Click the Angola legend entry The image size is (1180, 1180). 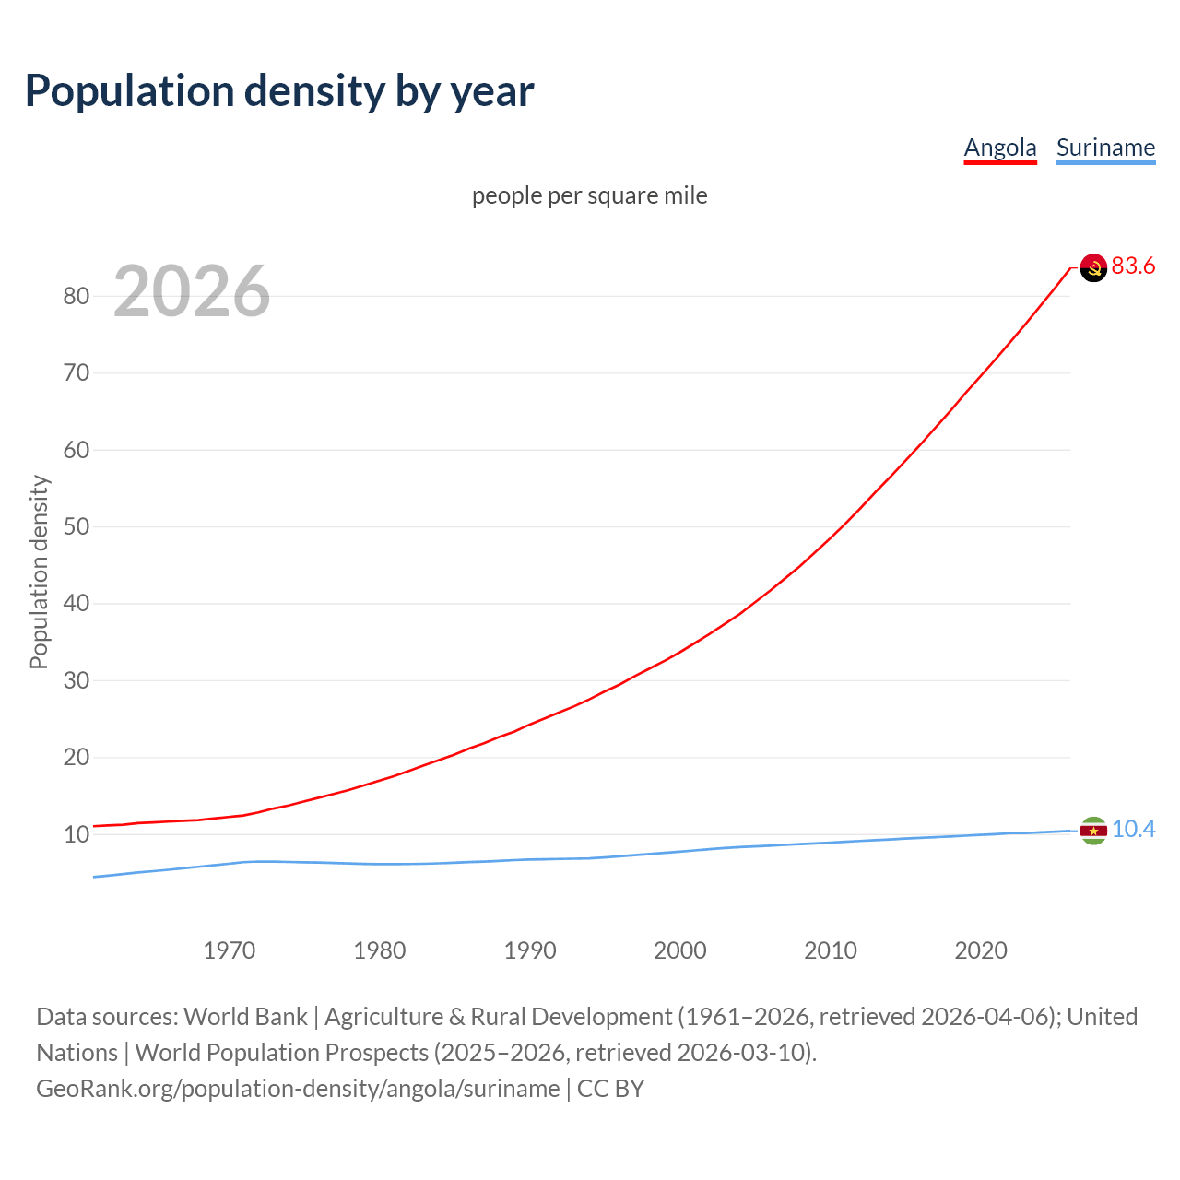tap(1000, 147)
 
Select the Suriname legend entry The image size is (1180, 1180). tap(1105, 147)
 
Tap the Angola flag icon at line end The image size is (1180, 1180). tap(1093, 267)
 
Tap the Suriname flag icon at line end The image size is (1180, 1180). tap(1093, 831)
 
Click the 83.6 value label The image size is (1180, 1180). tap(1133, 266)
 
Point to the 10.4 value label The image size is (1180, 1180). tap(1133, 830)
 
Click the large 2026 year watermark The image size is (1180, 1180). tap(192, 291)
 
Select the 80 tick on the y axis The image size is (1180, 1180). tap(77, 297)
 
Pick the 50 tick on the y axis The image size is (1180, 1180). tap(77, 527)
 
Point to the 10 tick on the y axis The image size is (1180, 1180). tap(77, 835)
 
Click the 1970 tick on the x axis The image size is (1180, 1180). tap(230, 950)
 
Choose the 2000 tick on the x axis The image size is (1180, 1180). tap(680, 950)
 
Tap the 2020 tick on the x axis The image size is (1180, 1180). tap(981, 950)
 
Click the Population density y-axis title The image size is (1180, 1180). tap(39, 572)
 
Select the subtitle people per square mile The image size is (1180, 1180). tap(590, 196)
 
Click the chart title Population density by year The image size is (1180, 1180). tap(279, 91)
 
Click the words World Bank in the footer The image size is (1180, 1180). tap(245, 1017)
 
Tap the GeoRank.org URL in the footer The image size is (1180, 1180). tap(298, 1089)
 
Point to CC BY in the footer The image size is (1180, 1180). tap(610, 1089)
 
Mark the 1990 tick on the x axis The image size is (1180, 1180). tap(530, 950)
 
